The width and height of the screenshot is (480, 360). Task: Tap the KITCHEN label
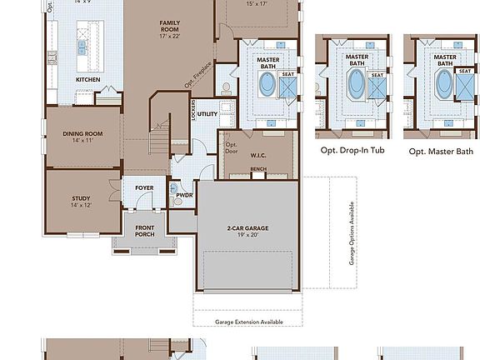88,79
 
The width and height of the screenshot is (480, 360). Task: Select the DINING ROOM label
82,133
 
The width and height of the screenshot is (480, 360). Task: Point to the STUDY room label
81,197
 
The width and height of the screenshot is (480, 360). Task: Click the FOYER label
144,188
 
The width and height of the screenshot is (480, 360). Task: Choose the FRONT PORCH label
144,230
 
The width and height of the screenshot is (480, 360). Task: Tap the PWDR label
184,195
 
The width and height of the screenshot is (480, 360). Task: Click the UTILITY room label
207,113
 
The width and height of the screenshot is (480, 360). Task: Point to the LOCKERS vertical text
192,112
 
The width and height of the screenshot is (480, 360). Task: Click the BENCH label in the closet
258,169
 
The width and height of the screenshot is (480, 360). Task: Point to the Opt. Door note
232,148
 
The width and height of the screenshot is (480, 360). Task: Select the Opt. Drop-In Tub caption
354,151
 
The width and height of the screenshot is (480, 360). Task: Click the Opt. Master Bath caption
441,152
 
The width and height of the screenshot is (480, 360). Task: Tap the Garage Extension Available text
249,322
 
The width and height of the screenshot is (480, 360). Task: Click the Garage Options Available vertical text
352,232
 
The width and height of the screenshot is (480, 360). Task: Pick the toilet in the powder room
176,199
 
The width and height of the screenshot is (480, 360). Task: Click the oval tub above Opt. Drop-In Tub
356,84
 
